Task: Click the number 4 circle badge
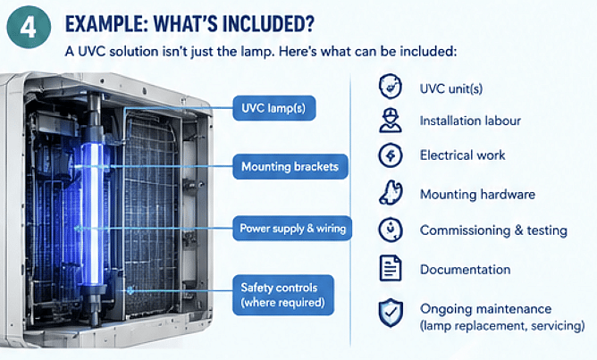click(29, 27)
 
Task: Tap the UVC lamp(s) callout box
click(274, 108)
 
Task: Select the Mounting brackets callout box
click(290, 167)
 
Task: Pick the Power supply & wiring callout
click(292, 229)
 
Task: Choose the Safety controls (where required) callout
click(283, 295)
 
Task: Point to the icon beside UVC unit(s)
click(391, 87)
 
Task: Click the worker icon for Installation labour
click(391, 121)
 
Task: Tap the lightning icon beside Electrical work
click(391, 155)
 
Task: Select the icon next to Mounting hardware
click(391, 192)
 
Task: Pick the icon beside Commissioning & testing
click(391, 230)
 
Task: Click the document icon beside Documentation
click(391, 268)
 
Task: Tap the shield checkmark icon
click(391, 313)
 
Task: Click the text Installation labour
click(470, 121)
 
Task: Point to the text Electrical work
click(463, 155)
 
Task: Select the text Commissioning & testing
click(493, 230)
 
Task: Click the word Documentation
click(466, 270)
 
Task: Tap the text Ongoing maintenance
click(486, 308)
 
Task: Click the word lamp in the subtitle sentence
click(256, 52)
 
